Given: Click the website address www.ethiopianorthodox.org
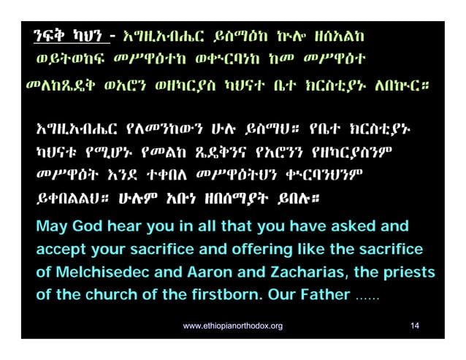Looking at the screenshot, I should (233, 325).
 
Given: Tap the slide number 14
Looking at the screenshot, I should (415, 325).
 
